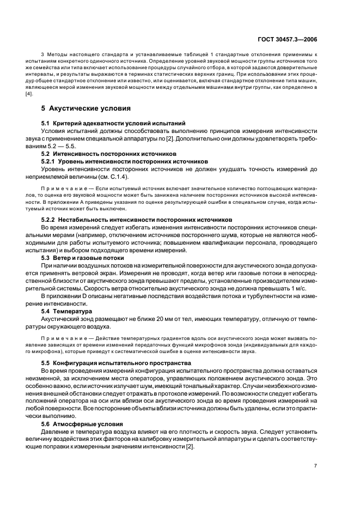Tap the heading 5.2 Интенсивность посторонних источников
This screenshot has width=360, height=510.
tap(108, 154)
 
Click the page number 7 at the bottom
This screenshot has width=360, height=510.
tap(315, 465)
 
